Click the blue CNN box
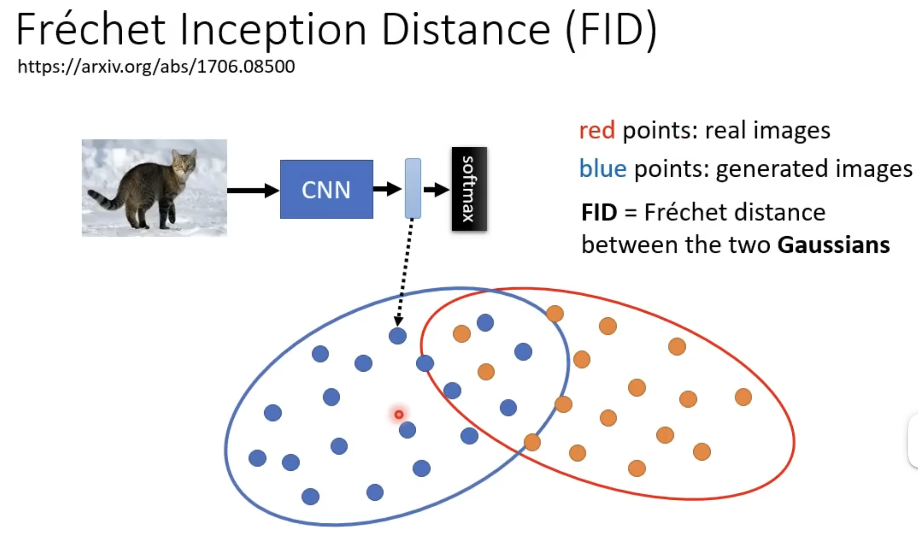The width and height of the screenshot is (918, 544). pos(326,189)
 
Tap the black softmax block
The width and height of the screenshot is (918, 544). pos(469,189)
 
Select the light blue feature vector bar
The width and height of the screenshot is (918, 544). pos(413,189)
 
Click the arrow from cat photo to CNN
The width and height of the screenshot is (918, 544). pos(253,190)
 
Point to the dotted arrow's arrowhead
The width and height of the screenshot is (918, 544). pos(399,322)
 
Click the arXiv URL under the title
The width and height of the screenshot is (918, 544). pos(156,66)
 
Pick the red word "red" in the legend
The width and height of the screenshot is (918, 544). pos(596,131)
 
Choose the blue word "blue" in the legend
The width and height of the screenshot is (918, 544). pos(603,169)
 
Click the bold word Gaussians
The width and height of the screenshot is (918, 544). pos(834,245)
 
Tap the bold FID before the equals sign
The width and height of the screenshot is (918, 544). pos(599,213)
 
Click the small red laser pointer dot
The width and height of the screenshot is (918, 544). pos(399,415)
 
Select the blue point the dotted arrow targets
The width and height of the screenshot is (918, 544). pos(398,336)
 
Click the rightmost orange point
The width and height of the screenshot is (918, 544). pos(743,397)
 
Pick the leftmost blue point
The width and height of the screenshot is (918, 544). pos(257,458)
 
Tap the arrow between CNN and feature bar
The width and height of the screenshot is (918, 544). pos(387,189)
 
